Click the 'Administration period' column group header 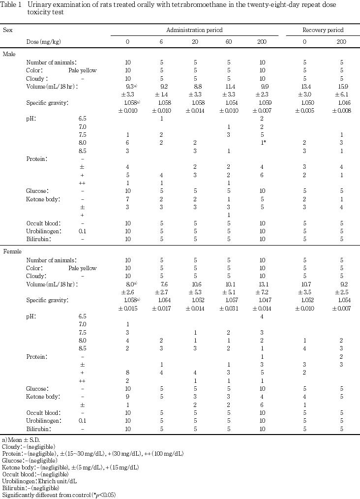point(194,30)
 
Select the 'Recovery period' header point(322,30)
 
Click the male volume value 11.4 point(229,86)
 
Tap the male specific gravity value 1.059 point(262,103)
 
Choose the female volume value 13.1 point(262,284)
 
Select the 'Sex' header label point(8,30)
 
